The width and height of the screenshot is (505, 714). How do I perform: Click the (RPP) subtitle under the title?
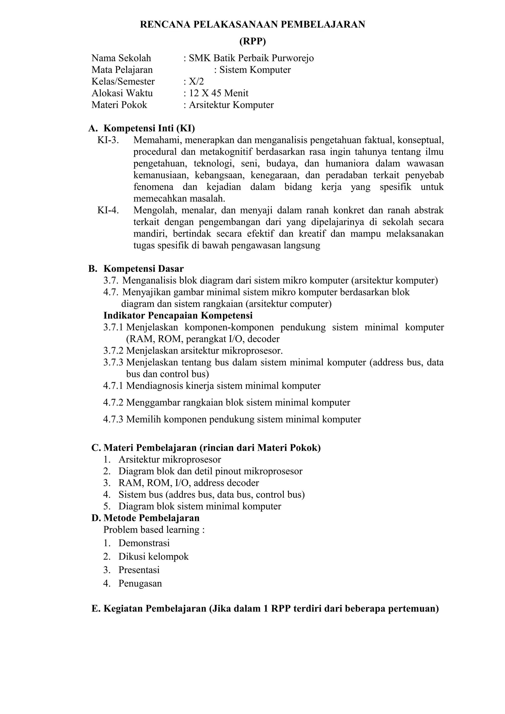coord(252,41)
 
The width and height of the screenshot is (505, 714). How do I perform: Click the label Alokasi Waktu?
coord(122,93)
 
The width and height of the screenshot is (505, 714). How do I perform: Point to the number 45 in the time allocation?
coord(216,93)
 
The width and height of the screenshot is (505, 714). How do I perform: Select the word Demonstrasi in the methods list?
coord(144,543)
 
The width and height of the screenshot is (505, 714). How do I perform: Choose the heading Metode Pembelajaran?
coord(151,518)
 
